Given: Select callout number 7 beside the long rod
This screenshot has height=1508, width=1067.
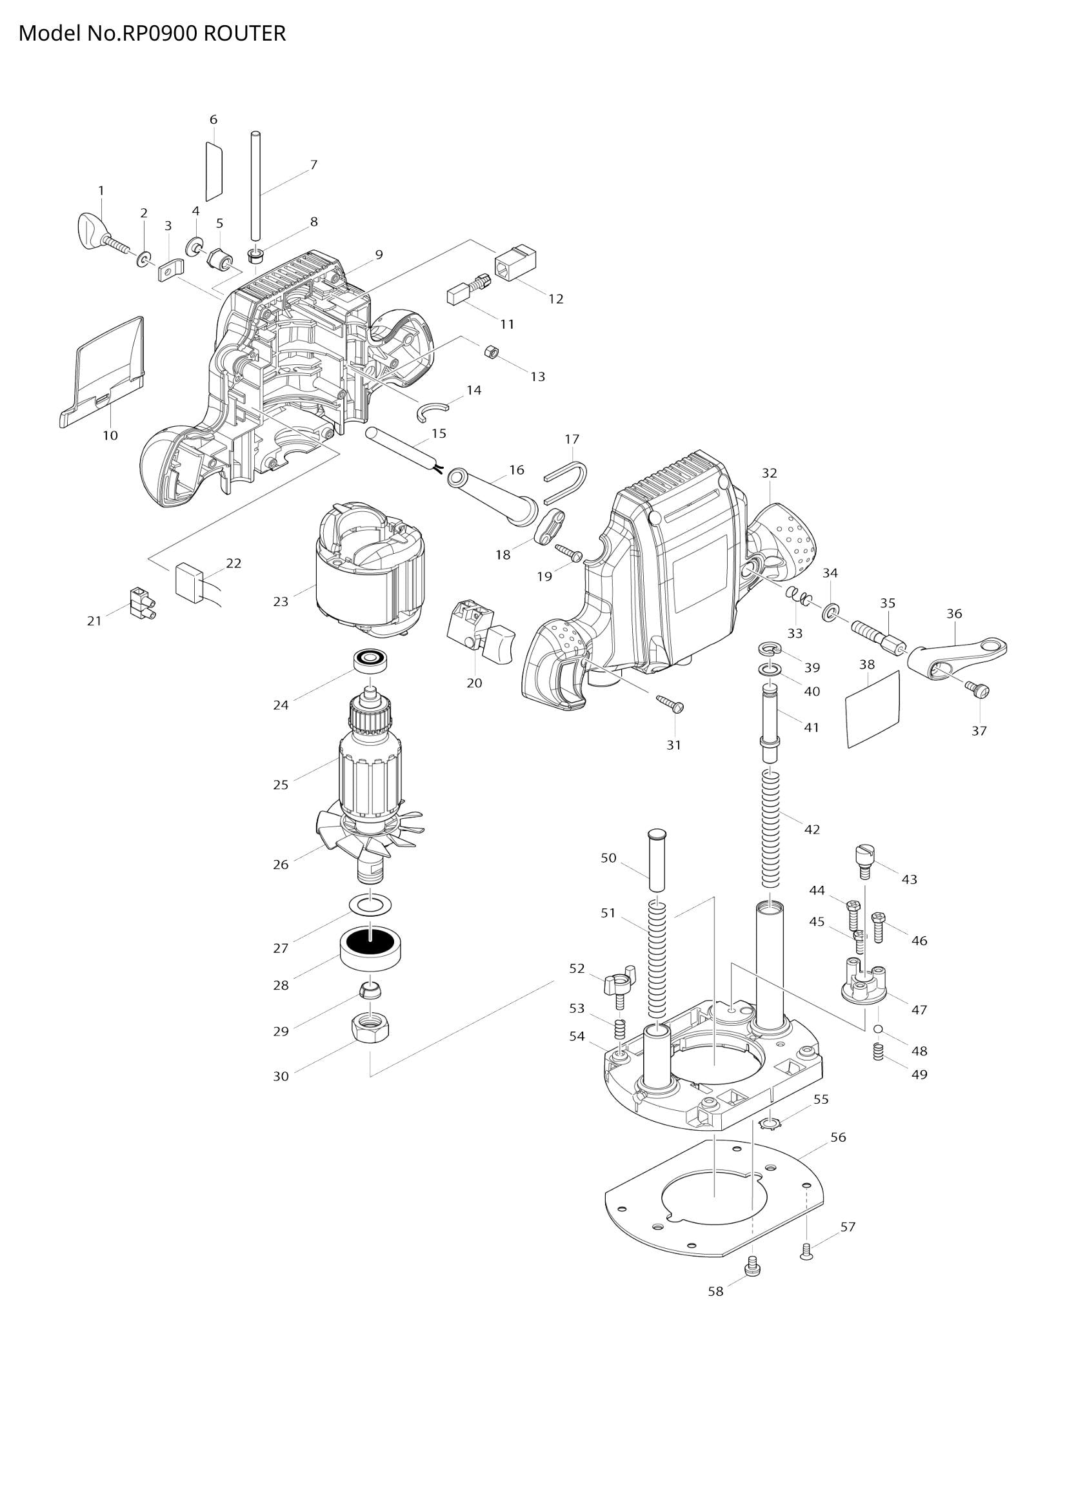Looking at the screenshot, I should [x=314, y=165].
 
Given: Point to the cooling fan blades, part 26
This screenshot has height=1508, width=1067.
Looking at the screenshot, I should [x=368, y=836].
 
